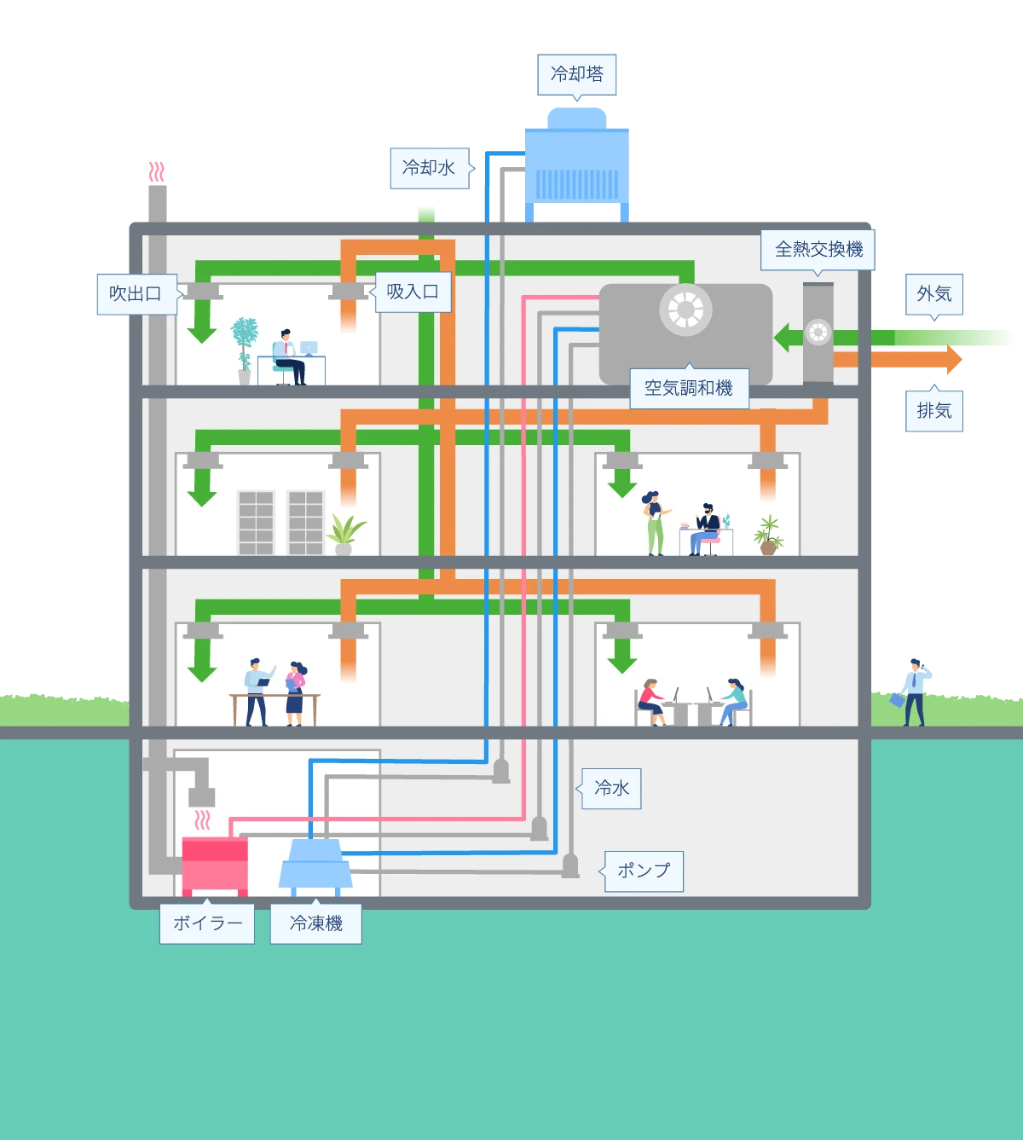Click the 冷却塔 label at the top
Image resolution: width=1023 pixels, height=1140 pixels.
576,74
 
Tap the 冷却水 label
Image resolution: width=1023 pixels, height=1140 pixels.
429,167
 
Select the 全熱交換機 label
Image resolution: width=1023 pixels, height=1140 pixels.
818,249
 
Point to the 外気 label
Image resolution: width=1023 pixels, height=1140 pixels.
933,294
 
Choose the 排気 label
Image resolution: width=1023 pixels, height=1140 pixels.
933,411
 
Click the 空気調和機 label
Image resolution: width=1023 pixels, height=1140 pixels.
688,388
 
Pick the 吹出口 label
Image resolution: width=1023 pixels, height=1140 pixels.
136,294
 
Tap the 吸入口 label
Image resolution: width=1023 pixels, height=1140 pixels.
413,292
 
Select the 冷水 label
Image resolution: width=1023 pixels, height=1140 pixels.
611,788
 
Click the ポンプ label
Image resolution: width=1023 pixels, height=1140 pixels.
644,871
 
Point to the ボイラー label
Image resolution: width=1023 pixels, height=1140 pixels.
207,923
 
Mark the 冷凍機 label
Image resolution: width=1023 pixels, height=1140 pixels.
315,923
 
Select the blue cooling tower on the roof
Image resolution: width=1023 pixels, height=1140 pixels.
577,162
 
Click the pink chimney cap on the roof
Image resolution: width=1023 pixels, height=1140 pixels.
156,171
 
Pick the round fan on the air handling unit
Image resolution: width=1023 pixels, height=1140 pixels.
685,309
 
